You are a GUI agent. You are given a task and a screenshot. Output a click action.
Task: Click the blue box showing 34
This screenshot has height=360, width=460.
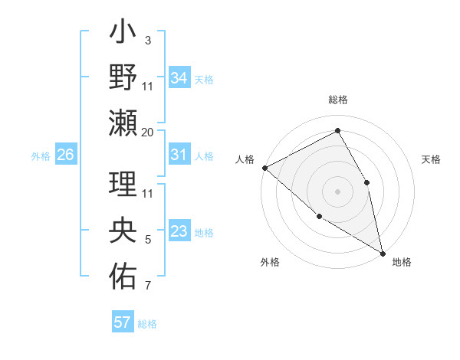179,77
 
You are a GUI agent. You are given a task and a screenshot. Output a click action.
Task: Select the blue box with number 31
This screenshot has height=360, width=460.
179,155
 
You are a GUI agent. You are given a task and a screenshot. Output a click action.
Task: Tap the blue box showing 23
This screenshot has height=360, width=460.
179,232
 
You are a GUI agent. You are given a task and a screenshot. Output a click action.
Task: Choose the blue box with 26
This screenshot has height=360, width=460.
66,155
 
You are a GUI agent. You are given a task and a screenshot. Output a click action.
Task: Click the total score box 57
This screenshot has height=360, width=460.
123,322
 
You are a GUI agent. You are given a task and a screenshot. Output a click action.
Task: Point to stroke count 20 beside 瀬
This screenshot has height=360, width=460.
148,132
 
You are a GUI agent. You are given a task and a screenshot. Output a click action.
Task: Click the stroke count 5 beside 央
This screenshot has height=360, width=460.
148,240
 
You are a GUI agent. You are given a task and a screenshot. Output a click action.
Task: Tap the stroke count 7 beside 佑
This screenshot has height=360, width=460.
148,286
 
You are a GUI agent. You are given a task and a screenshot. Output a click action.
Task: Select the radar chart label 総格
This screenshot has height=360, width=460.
338,100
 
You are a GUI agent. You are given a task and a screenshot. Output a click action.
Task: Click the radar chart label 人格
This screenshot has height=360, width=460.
245,159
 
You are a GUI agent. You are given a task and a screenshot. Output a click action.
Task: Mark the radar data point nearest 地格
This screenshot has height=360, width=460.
382,252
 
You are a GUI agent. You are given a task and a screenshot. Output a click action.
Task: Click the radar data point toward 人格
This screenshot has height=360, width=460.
264,167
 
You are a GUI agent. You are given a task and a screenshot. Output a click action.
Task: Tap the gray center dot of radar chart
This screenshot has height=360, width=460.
338,191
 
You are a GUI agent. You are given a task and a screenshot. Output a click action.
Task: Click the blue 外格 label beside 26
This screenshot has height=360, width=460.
41,155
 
